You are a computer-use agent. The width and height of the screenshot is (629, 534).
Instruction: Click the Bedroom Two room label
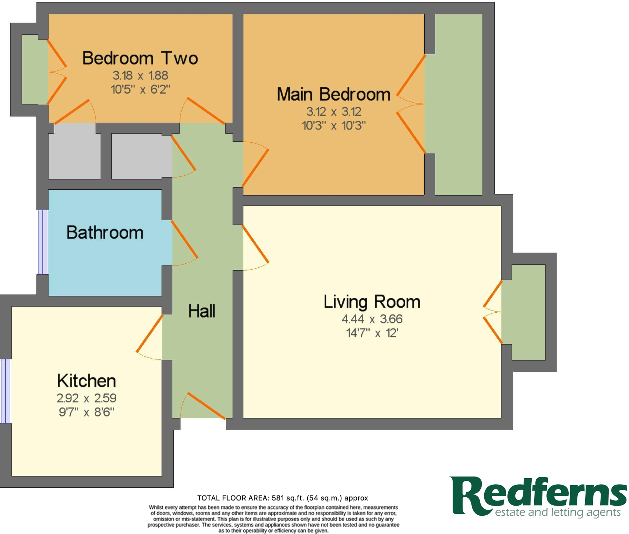pos(140,58)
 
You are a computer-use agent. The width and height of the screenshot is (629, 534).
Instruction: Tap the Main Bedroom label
pos(334,95)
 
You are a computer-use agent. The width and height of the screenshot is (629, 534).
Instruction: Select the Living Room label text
pos(372,302)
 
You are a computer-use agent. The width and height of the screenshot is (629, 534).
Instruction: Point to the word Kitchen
pos(87,381)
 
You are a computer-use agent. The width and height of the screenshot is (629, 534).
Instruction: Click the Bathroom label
pos(105,233)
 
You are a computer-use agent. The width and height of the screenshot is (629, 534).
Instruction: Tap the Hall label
pos(202,311)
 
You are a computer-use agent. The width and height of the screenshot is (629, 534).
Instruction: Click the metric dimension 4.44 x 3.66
pos(372,319)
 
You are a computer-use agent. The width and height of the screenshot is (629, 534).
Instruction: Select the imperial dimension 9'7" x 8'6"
pos(87,412)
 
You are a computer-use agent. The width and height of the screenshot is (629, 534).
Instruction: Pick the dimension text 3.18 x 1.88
pos(140,75)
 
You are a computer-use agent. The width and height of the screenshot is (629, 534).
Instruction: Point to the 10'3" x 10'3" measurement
pos(334,126)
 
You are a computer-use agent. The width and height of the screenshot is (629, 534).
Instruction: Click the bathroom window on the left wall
pos(43,242)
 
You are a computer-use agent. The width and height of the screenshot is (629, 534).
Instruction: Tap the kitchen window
pos(5,391)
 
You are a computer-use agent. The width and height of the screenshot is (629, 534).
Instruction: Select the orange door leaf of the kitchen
pos(150,333)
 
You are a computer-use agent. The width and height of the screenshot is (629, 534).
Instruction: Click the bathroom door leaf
pos(185,239)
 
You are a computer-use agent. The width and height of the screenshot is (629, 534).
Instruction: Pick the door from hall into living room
pos(256,244)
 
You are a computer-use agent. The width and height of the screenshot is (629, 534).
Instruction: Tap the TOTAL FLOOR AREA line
pos(283,498)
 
